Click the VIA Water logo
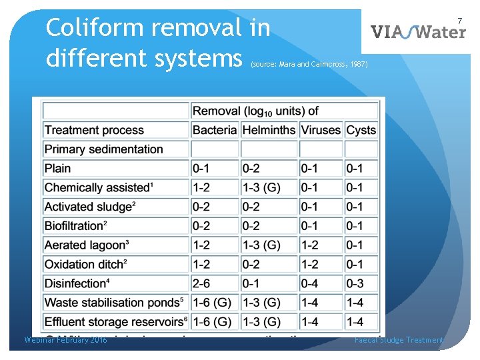pyautogui.click(x=418, y=31)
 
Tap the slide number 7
pyautogui.click(x=459, y=21)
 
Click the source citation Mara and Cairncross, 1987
pyautogui.click(x=308, y=65)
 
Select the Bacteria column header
pyautogui.click(x=214, y=130)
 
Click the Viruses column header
pyautogui.click(x=320, y=130)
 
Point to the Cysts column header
pyautogui.click(x=361, y=130)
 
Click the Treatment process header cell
pyautogui.click(x=94, y=130)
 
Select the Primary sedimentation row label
pyautogui.click(x=103, y=149)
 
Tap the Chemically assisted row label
pyautogui.click(x=99, y=187)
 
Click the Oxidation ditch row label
pyautogui.click(x=85, y=264)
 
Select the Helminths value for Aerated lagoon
pyautogui.click(x=261, y=245)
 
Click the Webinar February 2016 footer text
pyautogui.click(x=65, y=340)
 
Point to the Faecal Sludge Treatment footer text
pyautogui.click(x=399, y=340)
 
